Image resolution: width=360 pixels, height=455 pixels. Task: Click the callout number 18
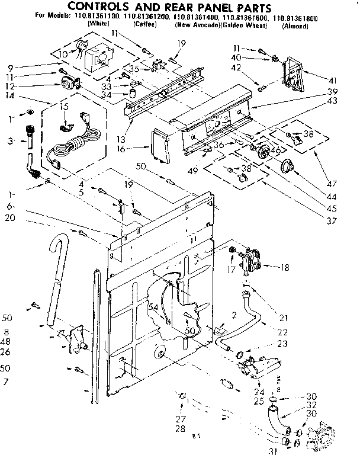click(x=286, y=268)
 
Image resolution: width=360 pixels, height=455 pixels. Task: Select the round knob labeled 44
click(x=288, y=167)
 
